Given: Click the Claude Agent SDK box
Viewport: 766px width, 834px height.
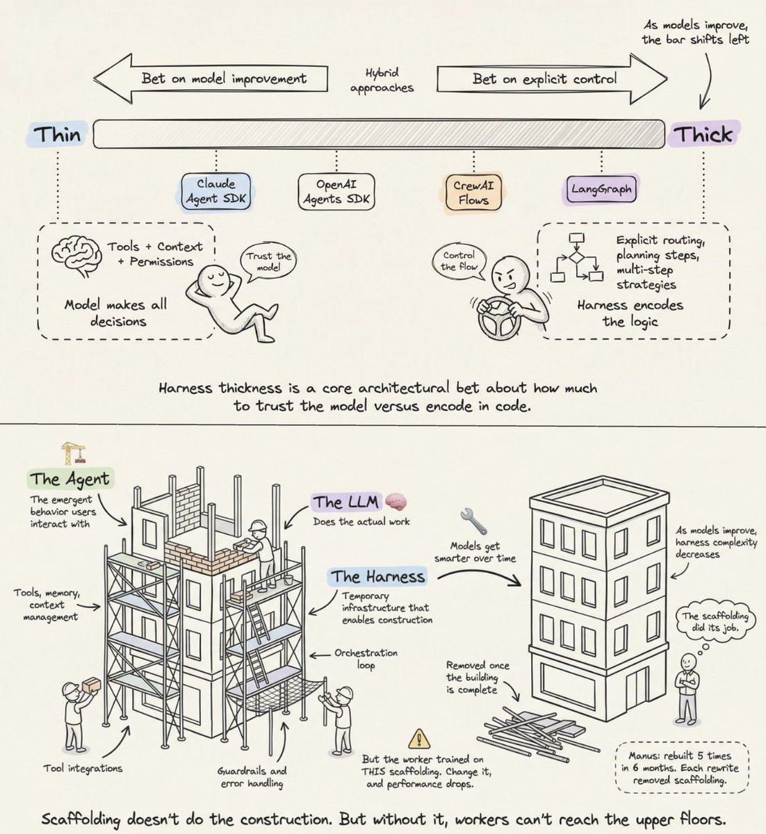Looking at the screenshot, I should [216, 191].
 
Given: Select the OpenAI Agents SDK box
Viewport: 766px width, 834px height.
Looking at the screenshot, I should [336, 191].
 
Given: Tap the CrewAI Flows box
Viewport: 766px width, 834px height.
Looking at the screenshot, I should [473, 192].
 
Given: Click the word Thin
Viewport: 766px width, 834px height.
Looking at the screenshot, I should [58, 133].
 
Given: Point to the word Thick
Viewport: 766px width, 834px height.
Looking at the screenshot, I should [705, 133].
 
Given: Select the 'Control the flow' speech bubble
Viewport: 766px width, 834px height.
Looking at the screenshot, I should [459, 261].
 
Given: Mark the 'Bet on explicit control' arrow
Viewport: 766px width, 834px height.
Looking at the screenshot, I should [549, 79].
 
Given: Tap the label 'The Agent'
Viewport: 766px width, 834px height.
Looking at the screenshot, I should [70, 479].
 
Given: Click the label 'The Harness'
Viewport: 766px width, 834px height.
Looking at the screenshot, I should [377, 576].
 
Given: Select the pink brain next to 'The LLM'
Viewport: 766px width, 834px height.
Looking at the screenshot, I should [396, 500].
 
